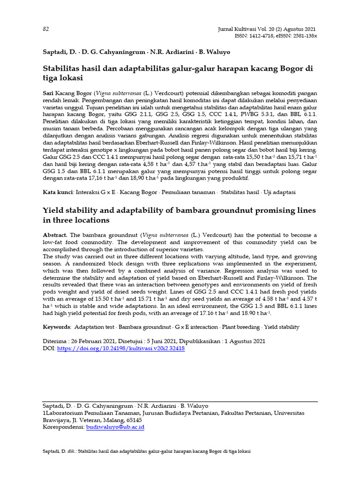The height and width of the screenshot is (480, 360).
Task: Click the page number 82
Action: point(46,29)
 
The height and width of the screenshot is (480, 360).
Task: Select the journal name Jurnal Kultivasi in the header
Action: point(240,29)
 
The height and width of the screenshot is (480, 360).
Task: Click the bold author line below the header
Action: point(136,52)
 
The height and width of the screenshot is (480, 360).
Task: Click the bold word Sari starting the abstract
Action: point(48,94)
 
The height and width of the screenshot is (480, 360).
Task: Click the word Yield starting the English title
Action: point(53,210)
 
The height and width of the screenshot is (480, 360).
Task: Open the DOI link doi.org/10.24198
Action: point(120,349)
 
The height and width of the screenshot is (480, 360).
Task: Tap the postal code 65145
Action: point(133,420)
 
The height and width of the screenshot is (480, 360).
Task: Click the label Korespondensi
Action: point(63,427)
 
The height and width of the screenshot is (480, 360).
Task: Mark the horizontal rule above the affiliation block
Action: point(180,401)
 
